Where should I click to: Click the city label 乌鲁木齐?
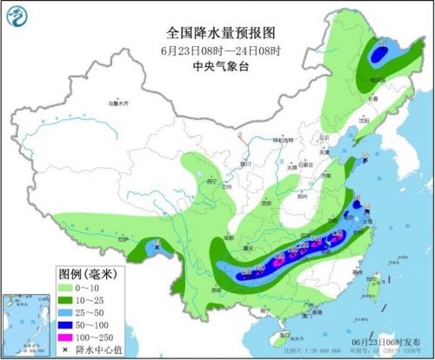pyautogui.click(x=117, y=103)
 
